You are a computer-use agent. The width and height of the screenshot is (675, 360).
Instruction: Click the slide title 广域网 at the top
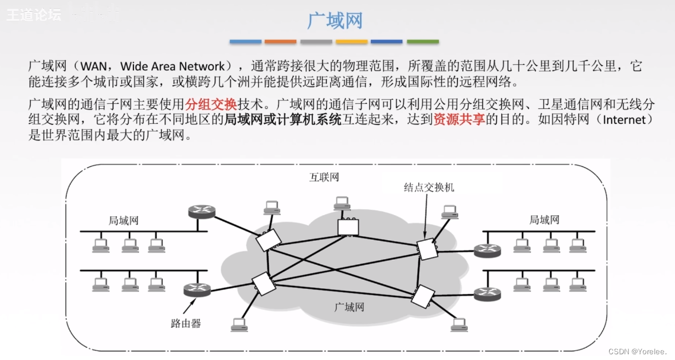point(335,21)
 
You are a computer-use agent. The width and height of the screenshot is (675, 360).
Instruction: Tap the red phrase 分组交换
point(211,105)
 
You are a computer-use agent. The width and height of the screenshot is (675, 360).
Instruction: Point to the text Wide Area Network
point(172,66)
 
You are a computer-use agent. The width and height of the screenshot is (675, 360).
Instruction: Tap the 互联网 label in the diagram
point(324,177)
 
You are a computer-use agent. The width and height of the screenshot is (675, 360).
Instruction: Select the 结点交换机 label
point(429,187)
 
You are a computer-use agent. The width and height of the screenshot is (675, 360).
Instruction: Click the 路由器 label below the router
point(186,323)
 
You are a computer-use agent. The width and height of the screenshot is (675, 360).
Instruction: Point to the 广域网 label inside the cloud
point(349,307)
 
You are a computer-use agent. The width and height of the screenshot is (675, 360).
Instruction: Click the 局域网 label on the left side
point(124,221)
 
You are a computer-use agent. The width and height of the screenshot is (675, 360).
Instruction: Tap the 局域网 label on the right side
point(544,220)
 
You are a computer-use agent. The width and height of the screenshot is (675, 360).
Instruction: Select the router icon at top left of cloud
point(202,212)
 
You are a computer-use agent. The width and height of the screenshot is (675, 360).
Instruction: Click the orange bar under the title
point(280,42)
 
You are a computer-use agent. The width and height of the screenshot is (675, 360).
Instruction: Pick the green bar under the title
point(423,42)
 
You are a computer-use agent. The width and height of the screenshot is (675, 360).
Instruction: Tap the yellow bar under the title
point(351,42)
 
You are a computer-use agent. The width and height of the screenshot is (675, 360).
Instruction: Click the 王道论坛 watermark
point(33,15)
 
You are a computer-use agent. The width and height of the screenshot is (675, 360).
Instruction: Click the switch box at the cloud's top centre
point(348,228)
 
